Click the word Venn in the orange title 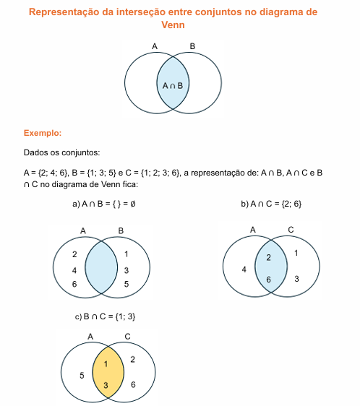point(173,25)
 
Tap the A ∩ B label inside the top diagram point(173,85)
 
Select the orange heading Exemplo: point(43,133)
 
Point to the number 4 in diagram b point(244,269)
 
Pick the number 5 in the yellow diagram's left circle point(82,375)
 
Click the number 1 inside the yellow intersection point(106,364)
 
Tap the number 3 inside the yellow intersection point(106,385)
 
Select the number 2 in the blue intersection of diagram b point(268,257)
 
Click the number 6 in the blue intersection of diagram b point(268,280)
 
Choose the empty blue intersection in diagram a point(101,267)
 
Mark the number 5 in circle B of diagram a point(127,284)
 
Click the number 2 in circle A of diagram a point(74,254)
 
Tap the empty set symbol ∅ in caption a point(133,204)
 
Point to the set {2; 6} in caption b point(291,204)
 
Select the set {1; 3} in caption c point(125,316)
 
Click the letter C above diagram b point(291,230)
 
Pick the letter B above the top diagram point(192,46)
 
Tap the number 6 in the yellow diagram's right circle point(133,384)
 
